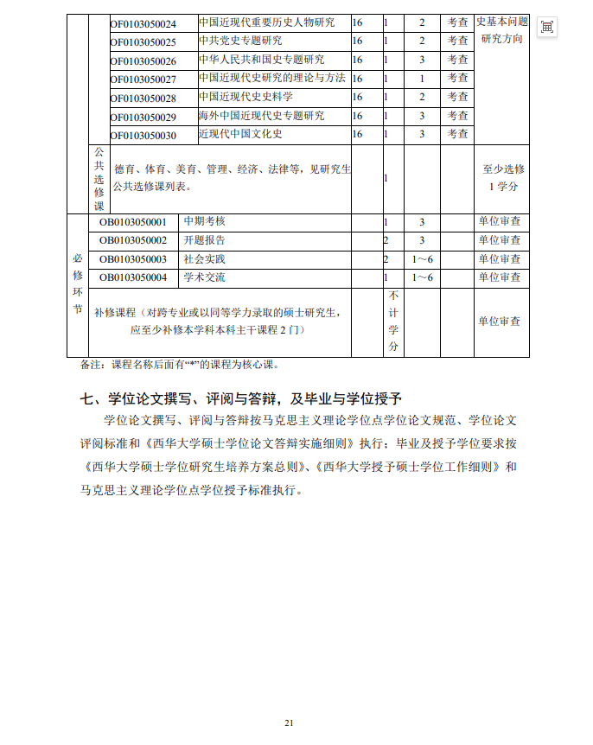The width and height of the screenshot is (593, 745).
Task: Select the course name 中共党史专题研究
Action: pos(240,41)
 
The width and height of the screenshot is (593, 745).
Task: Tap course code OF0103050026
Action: pos(143,61)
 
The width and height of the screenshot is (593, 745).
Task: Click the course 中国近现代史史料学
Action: pos(245,98)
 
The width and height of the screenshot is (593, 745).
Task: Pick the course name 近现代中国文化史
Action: pos(240,134)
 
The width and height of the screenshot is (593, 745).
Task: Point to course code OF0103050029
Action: pos(143,117)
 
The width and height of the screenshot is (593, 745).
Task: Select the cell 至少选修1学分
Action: pos(503,178)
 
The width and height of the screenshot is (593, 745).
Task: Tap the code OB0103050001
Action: pos(133,222)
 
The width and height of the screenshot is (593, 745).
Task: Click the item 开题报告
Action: pos(204,240)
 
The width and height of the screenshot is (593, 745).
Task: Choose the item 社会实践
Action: pos(204,259)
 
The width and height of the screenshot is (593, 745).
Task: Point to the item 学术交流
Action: pos(204,277)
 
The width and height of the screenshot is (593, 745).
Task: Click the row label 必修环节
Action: pos(78,284)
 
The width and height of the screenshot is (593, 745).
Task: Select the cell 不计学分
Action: pos(393,321)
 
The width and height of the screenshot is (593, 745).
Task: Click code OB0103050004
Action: pos(133,277)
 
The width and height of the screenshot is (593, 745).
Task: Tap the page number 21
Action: pos(290,723)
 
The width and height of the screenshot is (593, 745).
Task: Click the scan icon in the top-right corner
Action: pos(546,27)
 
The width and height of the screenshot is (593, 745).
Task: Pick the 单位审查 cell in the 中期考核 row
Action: pos(500,222)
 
